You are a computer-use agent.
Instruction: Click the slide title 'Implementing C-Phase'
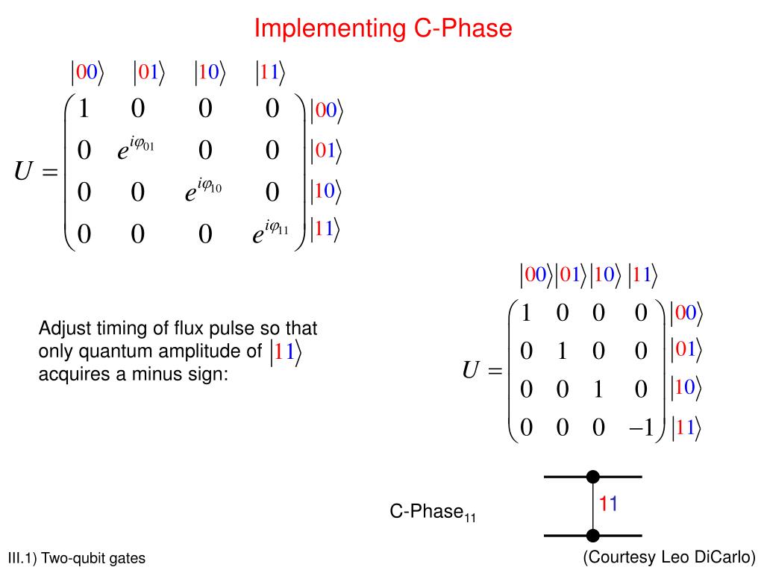coord(383,28)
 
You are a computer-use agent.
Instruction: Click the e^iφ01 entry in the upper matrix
coord(135,150)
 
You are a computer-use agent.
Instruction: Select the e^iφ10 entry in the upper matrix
coord(204,192)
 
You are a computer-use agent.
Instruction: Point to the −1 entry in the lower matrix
coord(640,428)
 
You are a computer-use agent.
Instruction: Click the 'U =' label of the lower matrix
coord(482,371)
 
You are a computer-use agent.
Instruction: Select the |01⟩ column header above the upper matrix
coord(149,72)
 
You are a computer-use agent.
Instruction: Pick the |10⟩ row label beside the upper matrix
coord(325,192)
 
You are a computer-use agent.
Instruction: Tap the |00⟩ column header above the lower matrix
coord(536,275)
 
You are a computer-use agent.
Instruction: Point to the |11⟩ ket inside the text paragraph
coord(286,354)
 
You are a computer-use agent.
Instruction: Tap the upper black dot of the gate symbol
coord(593,476)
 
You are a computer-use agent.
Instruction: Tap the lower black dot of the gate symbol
coord(593,535)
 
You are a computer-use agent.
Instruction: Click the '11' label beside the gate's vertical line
coord(608,504)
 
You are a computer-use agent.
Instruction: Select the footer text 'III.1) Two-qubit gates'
coord(76,559)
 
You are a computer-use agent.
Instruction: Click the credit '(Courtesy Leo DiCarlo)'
coord(669,557)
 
